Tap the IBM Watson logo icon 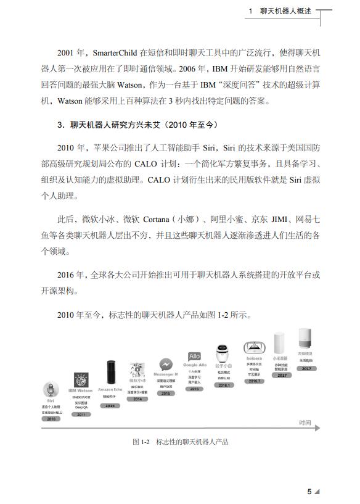point(80,380)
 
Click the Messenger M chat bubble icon point(165,364)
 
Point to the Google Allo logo point(194,357)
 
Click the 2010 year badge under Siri point(51,418)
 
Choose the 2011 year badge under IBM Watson point(80,415)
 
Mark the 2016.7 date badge point(255,381)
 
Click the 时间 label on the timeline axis point(305,423)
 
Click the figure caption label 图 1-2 point(141,442)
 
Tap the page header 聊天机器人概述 point(287,12)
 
